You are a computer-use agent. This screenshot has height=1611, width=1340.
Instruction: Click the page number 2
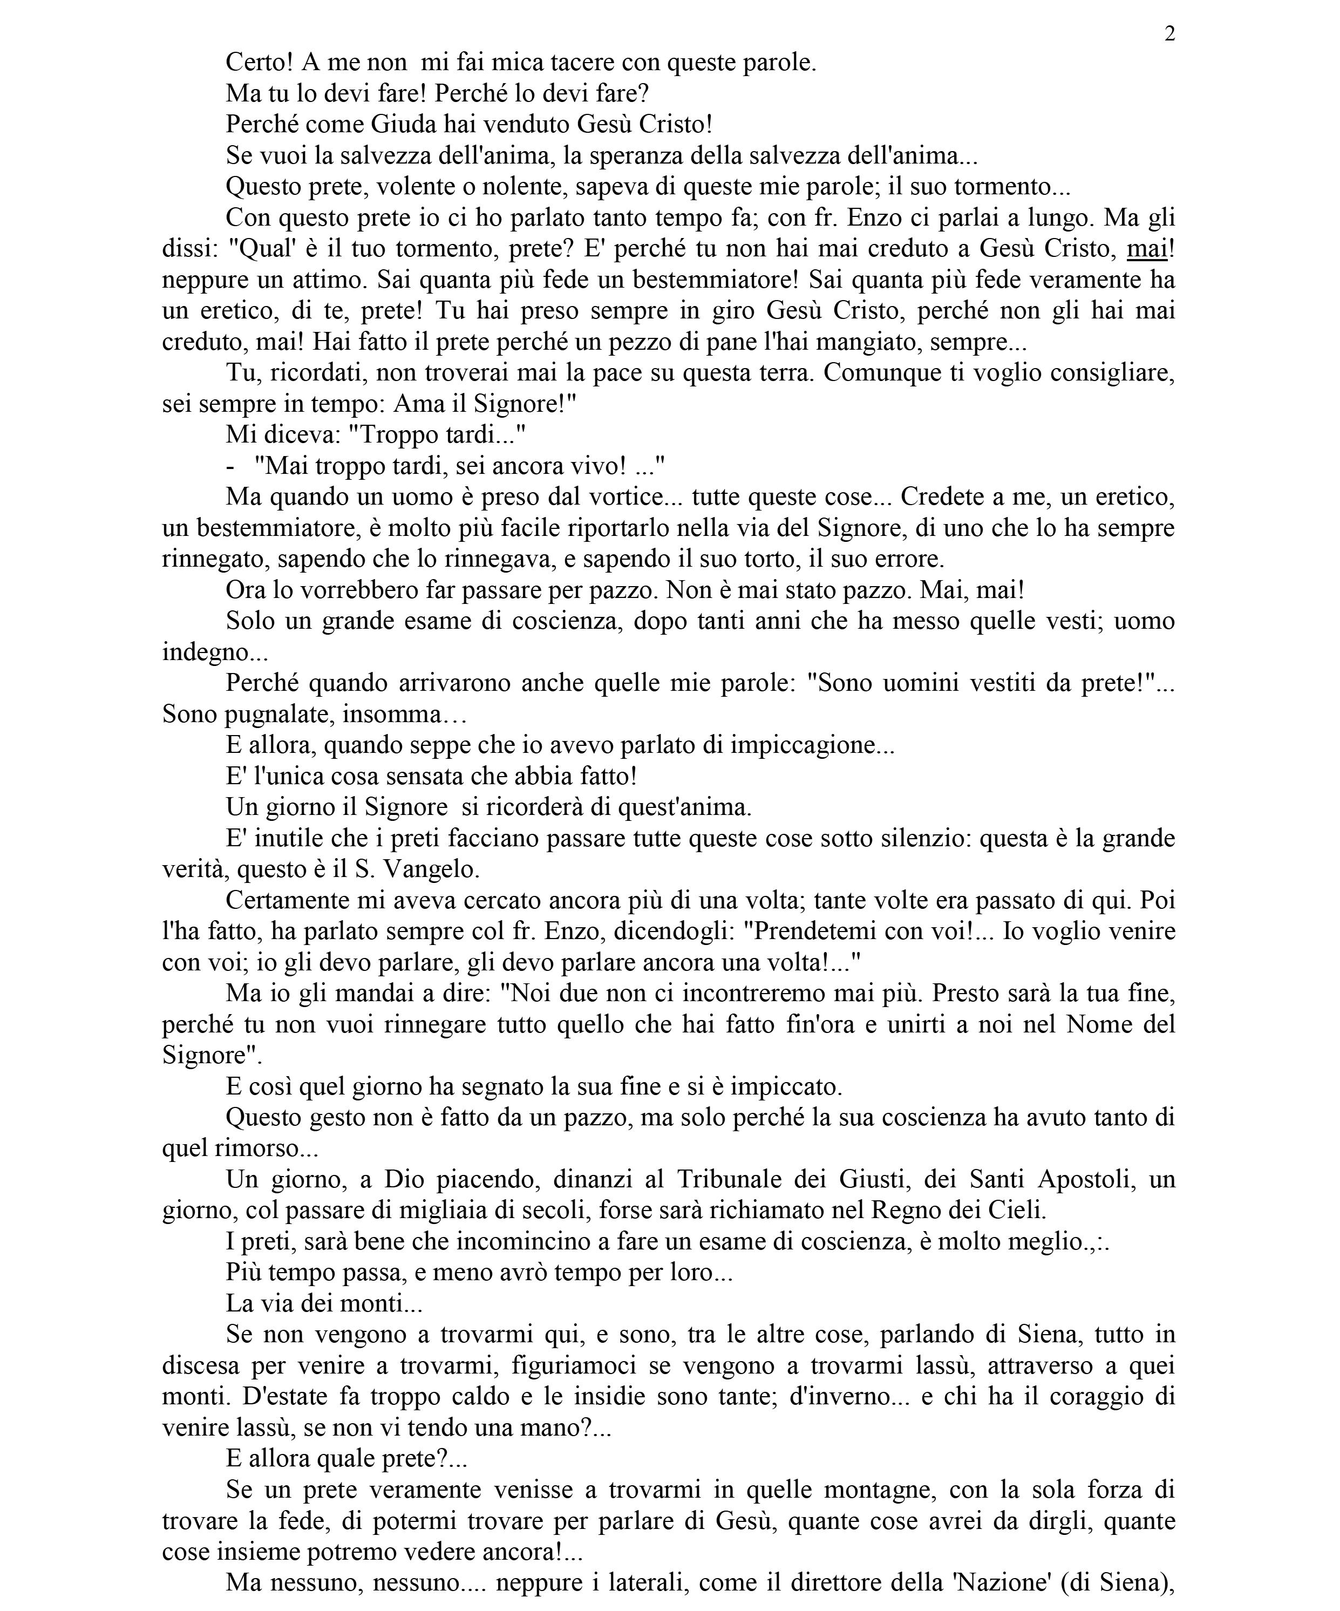[x=1169, y=35]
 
